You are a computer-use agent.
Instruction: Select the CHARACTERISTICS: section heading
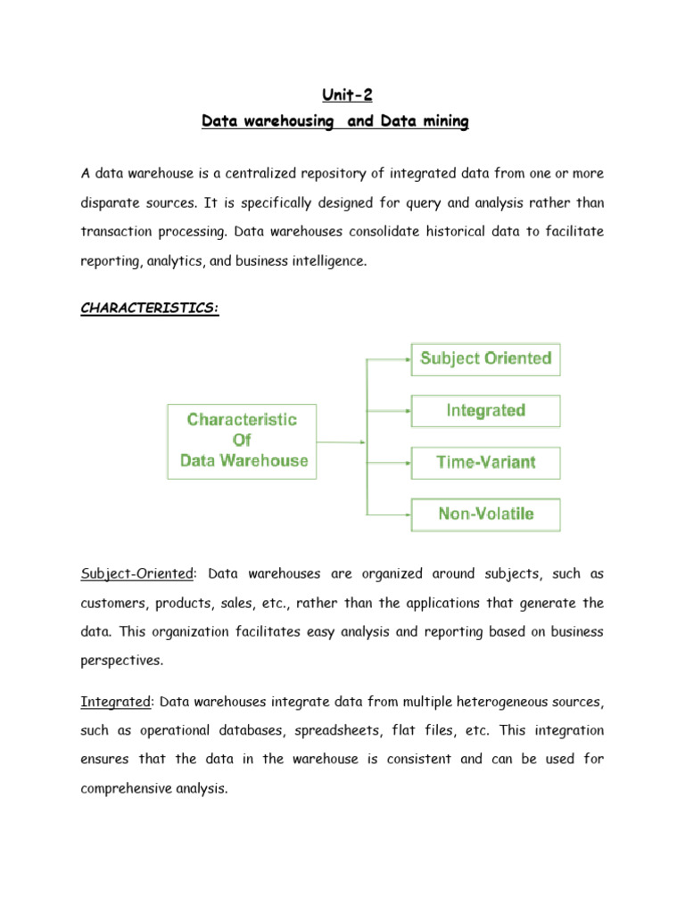coord(149,308)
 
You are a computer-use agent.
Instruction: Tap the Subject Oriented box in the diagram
coord(485,358)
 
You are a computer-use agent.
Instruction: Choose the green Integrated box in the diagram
coord(485,411)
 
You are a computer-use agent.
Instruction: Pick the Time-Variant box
coord(485,463)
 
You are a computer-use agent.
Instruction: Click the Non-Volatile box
coord(485,514)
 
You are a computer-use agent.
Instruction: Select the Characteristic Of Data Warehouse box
coord(242,440)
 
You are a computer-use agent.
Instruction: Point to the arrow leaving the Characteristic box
coord(339,441)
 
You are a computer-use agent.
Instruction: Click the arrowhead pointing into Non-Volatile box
coord(407,514)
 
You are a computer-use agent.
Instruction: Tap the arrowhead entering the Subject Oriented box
coord(407,359)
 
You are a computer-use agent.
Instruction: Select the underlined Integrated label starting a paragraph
coord(115,703)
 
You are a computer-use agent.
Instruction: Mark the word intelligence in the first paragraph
coord(325,260)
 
